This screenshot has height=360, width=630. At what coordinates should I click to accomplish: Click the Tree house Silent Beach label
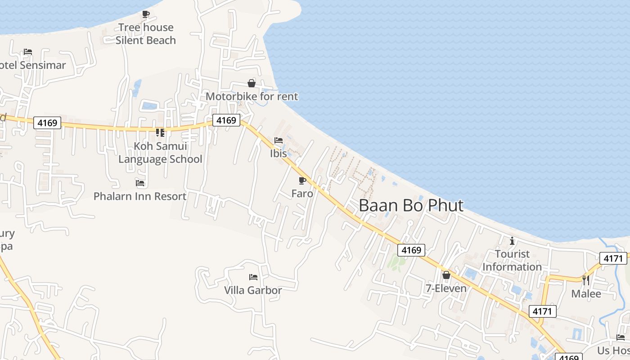[x=145, y=34]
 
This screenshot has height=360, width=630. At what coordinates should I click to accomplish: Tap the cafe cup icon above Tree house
[x=145, y=14]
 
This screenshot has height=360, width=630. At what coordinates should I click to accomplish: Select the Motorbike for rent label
[x=252, y=96]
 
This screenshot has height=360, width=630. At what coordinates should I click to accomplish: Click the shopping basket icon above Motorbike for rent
[x=252, y=83]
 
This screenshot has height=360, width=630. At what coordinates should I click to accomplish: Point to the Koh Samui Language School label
[x=160, y=153]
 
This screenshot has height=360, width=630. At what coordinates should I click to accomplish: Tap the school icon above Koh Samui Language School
[x=160, y=133]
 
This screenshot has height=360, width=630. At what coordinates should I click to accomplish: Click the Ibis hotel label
[x=279, y=153]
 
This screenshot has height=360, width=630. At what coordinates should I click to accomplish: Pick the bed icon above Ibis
[x=279, y=140]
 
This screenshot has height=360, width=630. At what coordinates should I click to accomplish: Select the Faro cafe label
[x=302, y=193]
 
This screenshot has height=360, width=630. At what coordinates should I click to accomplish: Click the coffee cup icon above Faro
[x=302, y=180]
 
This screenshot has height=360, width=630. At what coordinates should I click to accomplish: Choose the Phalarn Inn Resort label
[x=140, y=196]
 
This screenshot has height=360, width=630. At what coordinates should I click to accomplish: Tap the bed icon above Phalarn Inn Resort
[x=140, y=183]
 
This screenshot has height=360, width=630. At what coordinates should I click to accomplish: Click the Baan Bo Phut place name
[x=411, y=205]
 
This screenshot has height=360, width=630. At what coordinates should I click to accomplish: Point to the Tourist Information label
[x=512, y=260]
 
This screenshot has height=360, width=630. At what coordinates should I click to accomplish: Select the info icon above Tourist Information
[x=512, y=241]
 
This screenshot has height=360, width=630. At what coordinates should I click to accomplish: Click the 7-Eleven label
[x=446, y=288]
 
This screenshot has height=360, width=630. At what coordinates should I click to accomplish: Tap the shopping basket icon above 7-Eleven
[x=446, y=275]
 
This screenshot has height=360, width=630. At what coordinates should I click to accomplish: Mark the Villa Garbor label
[x=253, y=290]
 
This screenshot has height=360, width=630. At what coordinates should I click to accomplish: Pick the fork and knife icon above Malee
[x=586, y=280]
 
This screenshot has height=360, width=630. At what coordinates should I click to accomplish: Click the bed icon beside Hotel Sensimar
[x=28, y=52]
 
